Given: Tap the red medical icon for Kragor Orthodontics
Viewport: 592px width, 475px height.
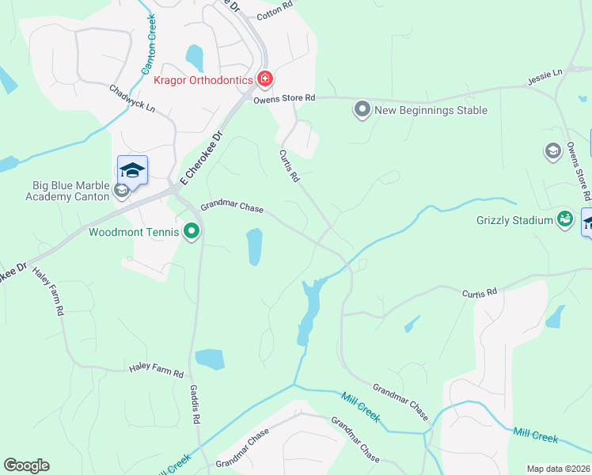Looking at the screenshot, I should (x=265, y=79).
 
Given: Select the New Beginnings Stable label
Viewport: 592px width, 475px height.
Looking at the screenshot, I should (x=431, y=110).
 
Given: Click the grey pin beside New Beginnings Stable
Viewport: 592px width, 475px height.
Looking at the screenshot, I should (x=362, y=109).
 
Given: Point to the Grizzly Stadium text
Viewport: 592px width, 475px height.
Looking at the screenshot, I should (x=514, y=220).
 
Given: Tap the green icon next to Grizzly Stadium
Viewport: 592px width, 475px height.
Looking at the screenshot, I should (x=565, y=219).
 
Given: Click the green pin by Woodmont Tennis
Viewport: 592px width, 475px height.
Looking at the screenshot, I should (x=191, y=232).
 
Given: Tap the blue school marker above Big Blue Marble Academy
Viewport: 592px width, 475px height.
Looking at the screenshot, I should (x=132, y=170).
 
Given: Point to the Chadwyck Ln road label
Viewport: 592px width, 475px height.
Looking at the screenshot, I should (x=132, y=99).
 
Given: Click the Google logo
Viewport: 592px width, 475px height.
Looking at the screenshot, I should (x=26, y=465).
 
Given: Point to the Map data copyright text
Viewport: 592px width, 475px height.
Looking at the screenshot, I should (x=557, y=469).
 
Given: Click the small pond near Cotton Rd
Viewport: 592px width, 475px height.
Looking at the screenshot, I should (x=194, y=57).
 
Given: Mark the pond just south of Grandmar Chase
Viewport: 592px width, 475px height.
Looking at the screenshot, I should (x=254, y=247).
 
